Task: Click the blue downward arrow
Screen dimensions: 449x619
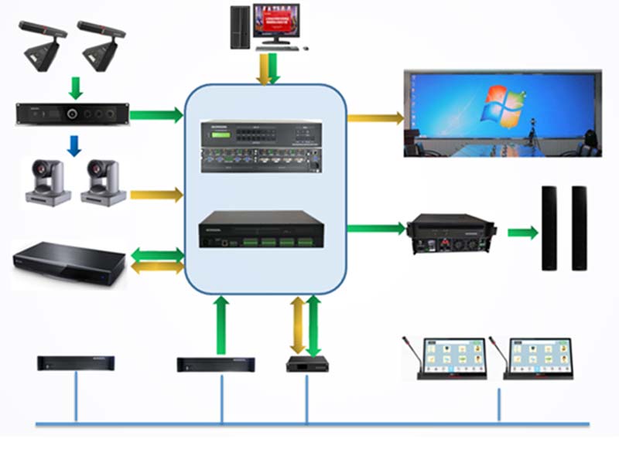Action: [74, 145]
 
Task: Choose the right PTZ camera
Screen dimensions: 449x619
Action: [103, 182]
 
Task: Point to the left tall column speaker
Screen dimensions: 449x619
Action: [549, 228]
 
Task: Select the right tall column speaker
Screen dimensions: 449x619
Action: [580, 228]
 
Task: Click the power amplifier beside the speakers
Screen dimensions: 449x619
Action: [451, 234]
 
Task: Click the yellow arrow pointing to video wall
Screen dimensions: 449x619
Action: [376, 118]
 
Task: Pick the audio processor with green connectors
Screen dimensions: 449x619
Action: [260, 230]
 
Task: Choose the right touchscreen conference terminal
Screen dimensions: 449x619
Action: [537, 358]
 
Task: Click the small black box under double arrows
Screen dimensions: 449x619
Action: [304, 364]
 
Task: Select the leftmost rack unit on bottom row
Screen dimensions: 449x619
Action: [77, 362]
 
